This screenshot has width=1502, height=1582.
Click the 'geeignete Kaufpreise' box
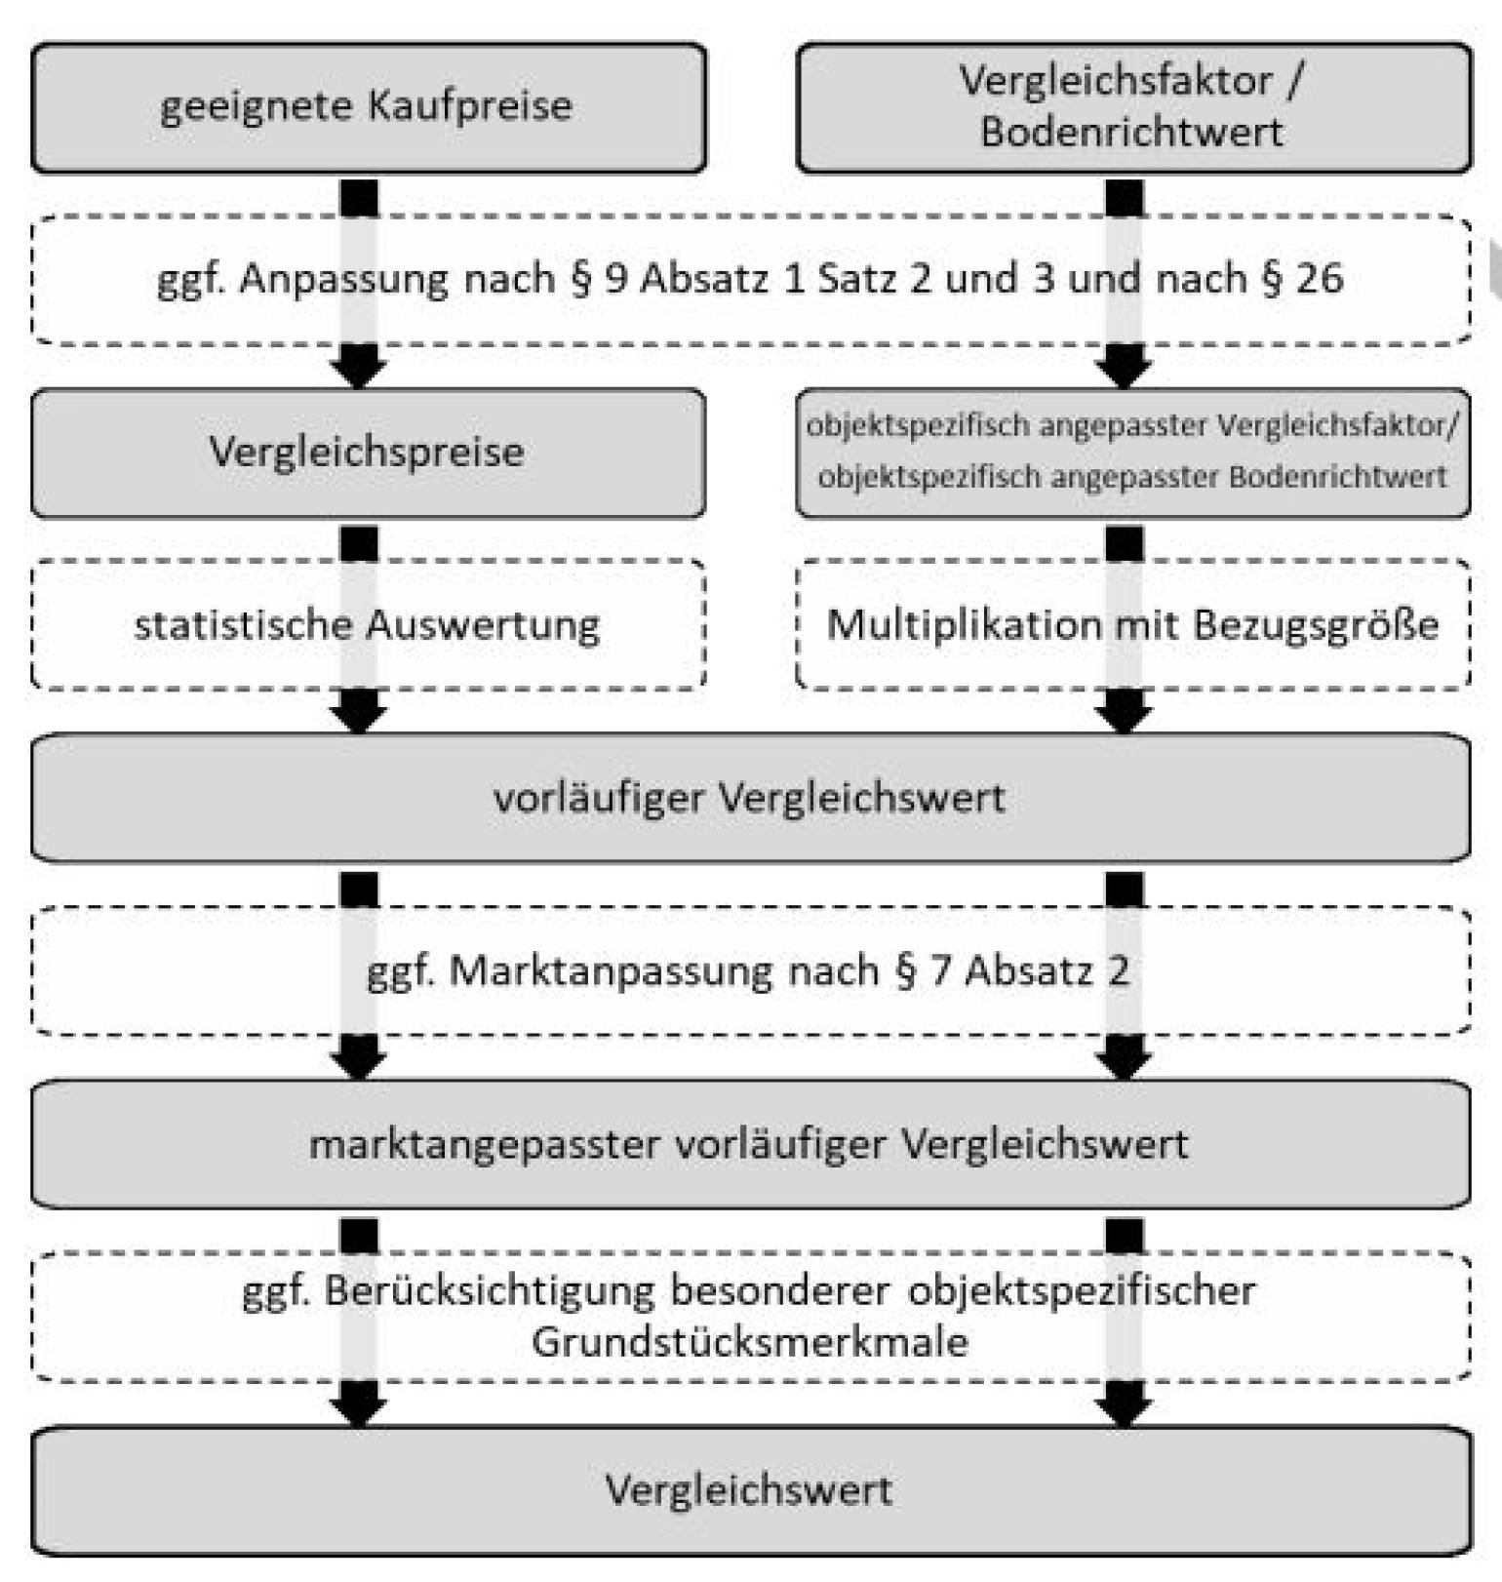coord(367,107)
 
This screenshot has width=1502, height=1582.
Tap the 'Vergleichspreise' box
coord(367,453)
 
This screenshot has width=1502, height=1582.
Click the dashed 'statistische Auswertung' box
coord(367,625)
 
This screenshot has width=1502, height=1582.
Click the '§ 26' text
coord(1302,279)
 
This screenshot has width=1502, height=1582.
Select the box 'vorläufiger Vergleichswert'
coord(749,798)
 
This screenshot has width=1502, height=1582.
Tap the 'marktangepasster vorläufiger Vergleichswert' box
coord(749,1144)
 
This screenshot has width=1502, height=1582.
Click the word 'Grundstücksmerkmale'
coord(749,1343)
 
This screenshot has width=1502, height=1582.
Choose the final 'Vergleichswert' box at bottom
coord(749,1490)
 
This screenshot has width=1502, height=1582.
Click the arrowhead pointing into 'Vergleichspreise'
coord(359,368)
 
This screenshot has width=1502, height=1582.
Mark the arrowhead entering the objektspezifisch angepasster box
coord(1124,368)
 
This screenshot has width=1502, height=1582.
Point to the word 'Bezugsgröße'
coord(1316,625)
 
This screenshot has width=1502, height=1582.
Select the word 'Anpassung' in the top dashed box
coord(343,279)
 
